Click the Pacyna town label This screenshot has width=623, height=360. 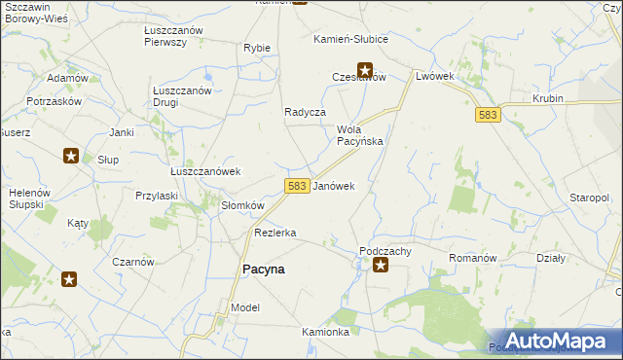coord(263,270)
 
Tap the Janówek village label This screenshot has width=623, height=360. coord(333,185)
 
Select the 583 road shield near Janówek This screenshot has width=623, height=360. coord(298,185)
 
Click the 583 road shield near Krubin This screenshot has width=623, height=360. coord(489,115)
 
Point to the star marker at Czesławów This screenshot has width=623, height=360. coord(365,69)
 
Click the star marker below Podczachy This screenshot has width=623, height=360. coord(381,263)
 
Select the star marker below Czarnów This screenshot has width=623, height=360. coord(70,280)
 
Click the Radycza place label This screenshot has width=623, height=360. coord(304,112)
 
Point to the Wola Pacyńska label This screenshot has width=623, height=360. coord(360,134)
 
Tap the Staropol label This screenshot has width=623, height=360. coord(589,198)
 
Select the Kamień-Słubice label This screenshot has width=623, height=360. coord(350,39)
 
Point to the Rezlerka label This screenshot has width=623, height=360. coord(275,233)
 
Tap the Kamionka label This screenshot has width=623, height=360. coord(325,332)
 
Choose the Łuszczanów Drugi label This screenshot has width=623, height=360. coord(182,96)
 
